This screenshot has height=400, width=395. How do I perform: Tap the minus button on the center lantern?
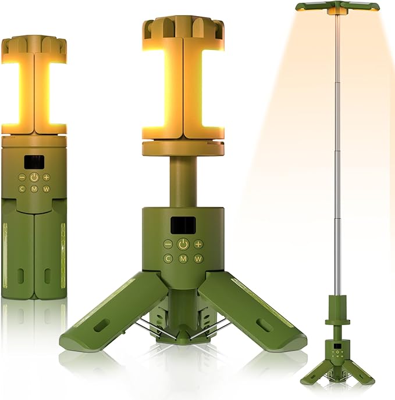click(168, 244)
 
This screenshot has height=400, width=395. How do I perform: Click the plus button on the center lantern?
click(198, 244)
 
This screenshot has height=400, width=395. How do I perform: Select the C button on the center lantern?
click(168, 259)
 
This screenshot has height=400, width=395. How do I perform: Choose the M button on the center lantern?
click(183, 259)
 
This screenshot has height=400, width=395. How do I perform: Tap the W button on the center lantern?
click(198, 259)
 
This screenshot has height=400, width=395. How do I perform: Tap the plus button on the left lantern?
click(46, 177)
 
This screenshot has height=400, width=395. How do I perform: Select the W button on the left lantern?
click(46, 189)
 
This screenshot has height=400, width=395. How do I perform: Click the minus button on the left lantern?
click(22, 177)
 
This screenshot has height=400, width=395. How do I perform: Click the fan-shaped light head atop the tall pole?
click(337, 8)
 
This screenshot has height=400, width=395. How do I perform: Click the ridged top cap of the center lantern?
click(183, 27)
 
